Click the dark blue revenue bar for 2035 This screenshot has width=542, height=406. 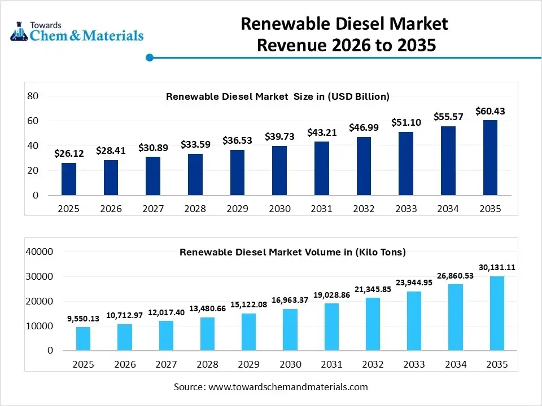489,158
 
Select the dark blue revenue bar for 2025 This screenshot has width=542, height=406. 69,179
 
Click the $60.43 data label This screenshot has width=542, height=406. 489,111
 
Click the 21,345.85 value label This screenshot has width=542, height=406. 373,289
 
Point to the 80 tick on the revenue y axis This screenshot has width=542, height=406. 33,96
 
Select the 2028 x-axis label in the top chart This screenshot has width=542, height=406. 195,209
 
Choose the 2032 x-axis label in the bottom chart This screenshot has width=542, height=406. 373,364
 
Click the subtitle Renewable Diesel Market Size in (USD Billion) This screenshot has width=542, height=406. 278,96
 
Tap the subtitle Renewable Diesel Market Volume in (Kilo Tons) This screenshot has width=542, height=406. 292,252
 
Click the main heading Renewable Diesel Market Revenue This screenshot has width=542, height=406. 345,34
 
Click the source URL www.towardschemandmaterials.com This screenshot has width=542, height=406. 288,387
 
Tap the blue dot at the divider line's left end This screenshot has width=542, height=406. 150,57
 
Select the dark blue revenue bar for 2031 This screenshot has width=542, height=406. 321,168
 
